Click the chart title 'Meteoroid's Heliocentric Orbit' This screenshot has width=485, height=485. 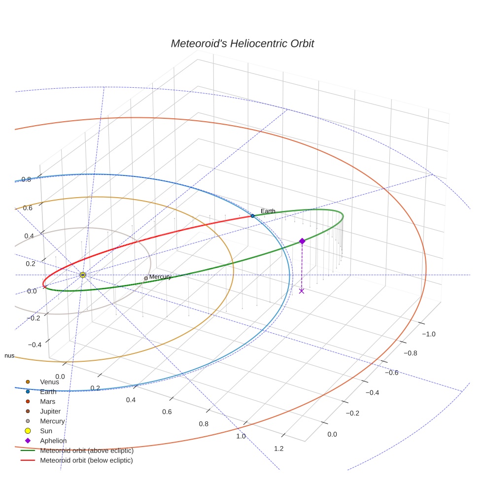(x=242, y=43)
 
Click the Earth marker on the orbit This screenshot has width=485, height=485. (x=252, y=216)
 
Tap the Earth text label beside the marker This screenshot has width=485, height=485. (x=268, y=211)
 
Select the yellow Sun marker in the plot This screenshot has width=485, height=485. (x=83, y=275)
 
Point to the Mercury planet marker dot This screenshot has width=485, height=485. (x=146, y=278)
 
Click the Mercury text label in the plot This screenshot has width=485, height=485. (x=160, y=277)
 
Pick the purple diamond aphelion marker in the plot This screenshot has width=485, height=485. (x=302, y=241)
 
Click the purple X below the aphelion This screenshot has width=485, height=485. (x=302, y=291)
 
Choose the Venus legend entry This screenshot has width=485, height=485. (x=49, y=381)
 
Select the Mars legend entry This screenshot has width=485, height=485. (x=47, y=402)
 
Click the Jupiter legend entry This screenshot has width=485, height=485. (x=50, y=411)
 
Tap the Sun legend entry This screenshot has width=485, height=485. (x=46, y=431)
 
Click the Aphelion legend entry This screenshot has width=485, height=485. (x=53, y=441)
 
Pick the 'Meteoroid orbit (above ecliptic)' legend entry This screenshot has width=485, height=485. (x=87, y=450)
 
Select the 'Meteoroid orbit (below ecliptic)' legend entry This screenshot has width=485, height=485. (x=87, y=460)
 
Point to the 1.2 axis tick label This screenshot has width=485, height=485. (x=278, y=448)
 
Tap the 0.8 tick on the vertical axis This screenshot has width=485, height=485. (x=26, y=179)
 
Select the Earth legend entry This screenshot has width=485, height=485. (x=48, y=392)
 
